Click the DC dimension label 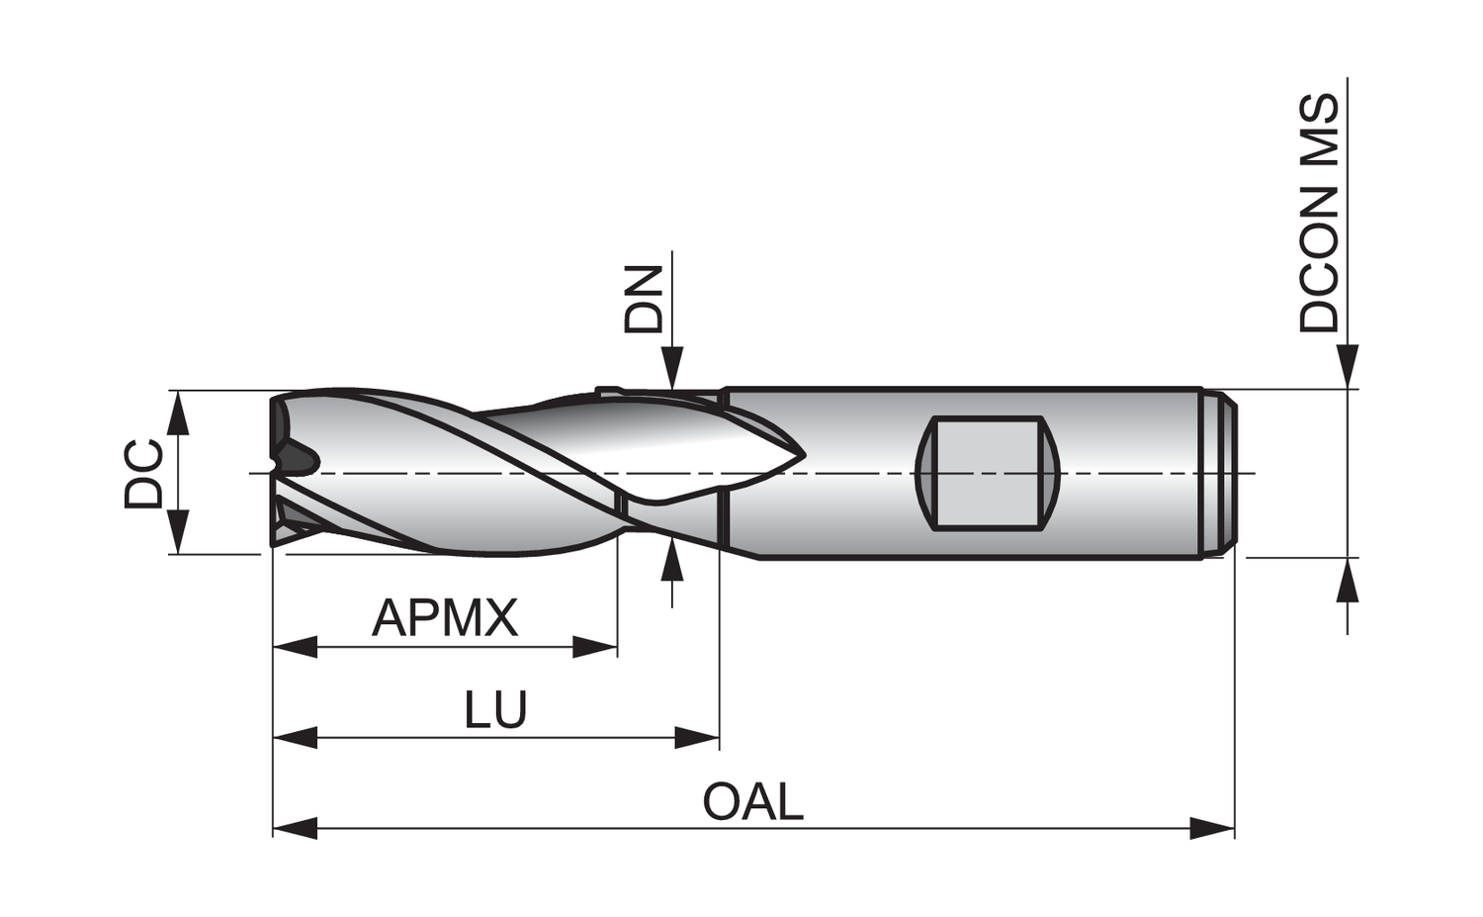[x=143, y=473]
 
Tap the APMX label [x=445, y=618]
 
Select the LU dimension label [x=495, y=709]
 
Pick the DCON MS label [x=1320, y=213]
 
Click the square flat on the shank [x=988, y=474]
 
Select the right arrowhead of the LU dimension [x=698, y=737]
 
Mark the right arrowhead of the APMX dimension [x=596, y=649]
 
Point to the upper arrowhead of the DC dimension [x=178, y=413]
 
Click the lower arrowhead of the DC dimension [x=178, y=532]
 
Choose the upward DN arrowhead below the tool [x=672, y=563]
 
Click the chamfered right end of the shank [x=1225, y=474]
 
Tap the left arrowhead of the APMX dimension [x=295, y=649]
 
